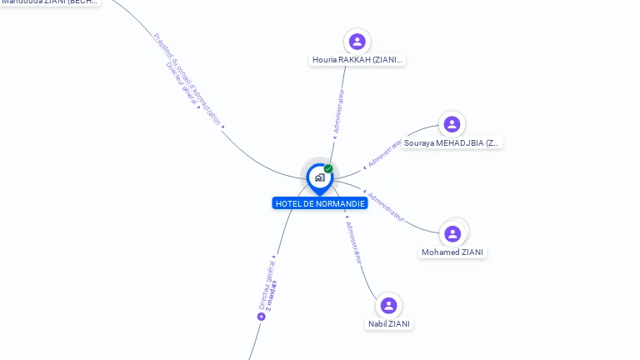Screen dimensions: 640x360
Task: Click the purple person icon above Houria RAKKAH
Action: [357, 42]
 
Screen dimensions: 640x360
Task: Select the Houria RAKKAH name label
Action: [357, 60]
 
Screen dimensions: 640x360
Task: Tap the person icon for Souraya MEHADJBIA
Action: [452, 124]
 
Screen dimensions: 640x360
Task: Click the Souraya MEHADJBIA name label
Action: [452, 143]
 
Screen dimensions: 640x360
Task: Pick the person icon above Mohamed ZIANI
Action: [452, 233]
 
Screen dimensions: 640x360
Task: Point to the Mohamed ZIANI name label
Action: [452, 252]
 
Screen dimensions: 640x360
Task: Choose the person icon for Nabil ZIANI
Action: [388, 306]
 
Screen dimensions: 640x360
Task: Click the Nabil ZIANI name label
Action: [388, 324]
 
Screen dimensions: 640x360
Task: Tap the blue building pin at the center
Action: [319, 177]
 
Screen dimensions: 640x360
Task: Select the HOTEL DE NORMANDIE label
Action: [320, 203]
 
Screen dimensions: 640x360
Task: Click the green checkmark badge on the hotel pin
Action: [328, 169]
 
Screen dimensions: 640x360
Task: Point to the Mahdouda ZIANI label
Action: [50, 2]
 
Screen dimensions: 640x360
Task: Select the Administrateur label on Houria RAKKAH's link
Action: [338, 112]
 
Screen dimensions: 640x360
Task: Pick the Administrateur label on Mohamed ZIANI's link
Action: [386, 207]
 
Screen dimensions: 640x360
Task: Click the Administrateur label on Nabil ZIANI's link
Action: [354, 242]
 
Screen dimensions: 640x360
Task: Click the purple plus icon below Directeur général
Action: [261, 317]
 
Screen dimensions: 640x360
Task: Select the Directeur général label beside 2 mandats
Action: [264, 284]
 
